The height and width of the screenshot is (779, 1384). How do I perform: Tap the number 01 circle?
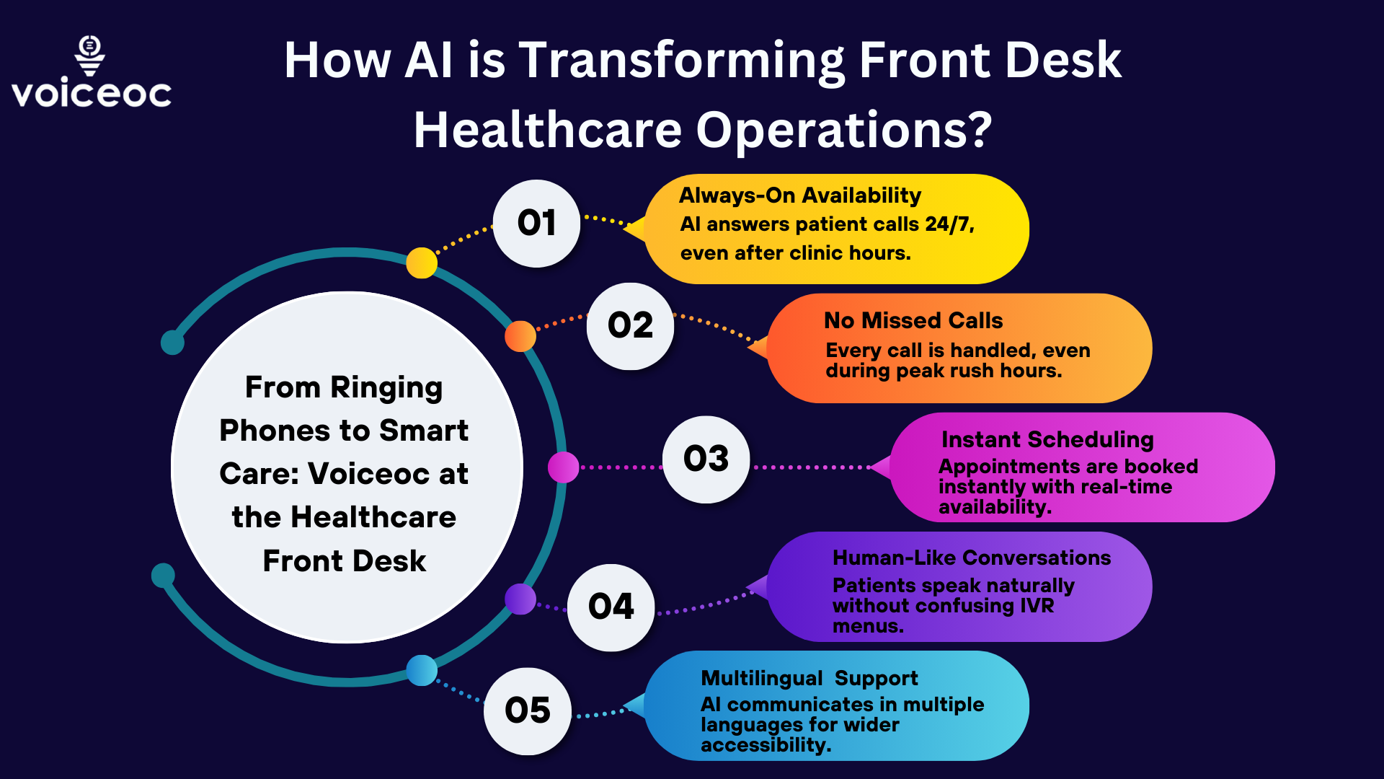pyautogui.click(x=536, y=223)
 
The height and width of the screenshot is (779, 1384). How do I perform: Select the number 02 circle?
pyautogui.click(x=630, y=326)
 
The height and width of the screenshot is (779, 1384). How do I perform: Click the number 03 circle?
pyautogui.click(x=706, y=459)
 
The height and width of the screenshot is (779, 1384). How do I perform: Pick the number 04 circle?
pyautogui.click(x=611, y=607)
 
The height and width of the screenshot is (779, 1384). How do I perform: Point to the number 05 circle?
pyautogui.click(x=527, y=711)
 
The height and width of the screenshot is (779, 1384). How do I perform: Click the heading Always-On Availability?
pyautogui.click(x=799, y=195)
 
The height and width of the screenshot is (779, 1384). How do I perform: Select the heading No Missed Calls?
pyautogui.click(x=913, y=320)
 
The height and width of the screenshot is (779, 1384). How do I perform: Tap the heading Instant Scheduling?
pyautogui.click(x=1047, y=439)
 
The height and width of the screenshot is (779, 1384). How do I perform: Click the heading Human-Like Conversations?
pyautogui.click(x=971, y=558)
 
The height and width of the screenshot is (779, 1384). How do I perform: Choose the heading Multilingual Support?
pyautogui.click(x=809, y=678)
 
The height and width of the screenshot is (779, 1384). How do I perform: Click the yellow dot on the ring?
pyautogui.click(x=422, y=263)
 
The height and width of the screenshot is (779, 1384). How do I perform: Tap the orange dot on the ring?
pyautogui.click(x=520, y=336)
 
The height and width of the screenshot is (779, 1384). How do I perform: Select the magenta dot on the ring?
pyautogui.click(x=563, y=467)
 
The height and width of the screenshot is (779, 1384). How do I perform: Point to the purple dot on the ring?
pyautogui.click(x=520, y=599)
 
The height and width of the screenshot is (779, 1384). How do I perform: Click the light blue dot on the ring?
pyautogui.click(x=422, y=670)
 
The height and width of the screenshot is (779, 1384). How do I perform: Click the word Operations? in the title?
pyautogui.click(x=843, y=131)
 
